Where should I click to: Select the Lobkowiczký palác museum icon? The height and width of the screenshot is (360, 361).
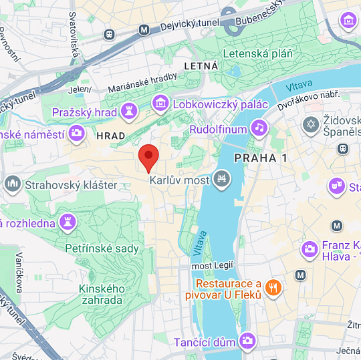pyautogui.click(x=160, y=104)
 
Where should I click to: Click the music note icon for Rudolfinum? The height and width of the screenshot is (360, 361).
pyautogui.click(x=259, y=127)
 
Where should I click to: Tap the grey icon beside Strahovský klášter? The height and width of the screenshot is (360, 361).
pyautogui.click(x=12, y=184)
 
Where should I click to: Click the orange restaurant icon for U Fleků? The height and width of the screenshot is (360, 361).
pyautogui.click(x=273, y=288)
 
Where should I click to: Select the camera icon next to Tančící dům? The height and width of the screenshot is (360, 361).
pyautogui.click(x=247, y=341)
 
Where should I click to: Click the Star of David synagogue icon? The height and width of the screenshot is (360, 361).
pyautogui.click(x=310, y=124)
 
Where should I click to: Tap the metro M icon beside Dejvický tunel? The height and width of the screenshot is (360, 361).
pyautogui.click(x=144, y=29)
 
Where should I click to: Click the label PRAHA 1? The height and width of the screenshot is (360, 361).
pyautogui.click(x=260, y=158)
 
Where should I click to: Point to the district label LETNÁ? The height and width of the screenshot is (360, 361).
pyautogui.click(x=201, y=66)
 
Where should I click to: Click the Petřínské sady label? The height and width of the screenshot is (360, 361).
pyautogui.click(x=102, y=248)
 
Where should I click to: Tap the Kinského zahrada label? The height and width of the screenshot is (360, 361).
pyautogui.click(x=102, y=294)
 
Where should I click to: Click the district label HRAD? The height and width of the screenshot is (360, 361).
pyautogui.click(x=111, y=136)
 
